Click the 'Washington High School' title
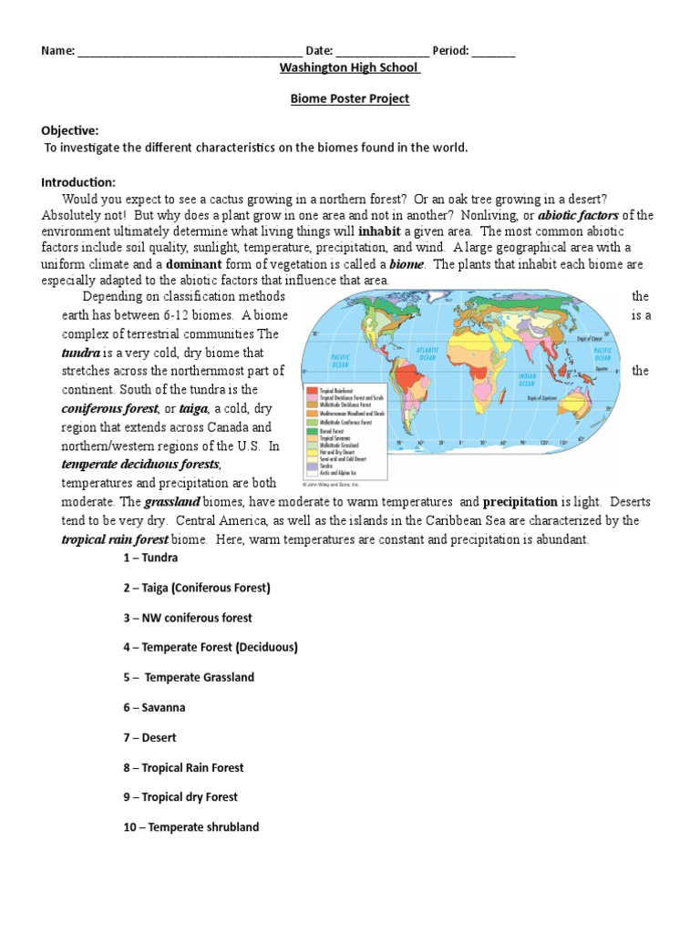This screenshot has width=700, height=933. [349, 68]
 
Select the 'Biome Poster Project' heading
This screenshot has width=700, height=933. [349, 99]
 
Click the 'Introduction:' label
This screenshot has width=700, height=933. [78, 182]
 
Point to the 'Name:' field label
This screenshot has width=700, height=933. [57, 51]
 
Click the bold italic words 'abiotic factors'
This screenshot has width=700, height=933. [578, 215]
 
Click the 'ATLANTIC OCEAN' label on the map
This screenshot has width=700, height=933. [427, 353]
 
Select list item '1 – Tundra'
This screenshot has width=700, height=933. [150, 558]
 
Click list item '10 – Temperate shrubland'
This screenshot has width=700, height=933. [191, 827]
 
